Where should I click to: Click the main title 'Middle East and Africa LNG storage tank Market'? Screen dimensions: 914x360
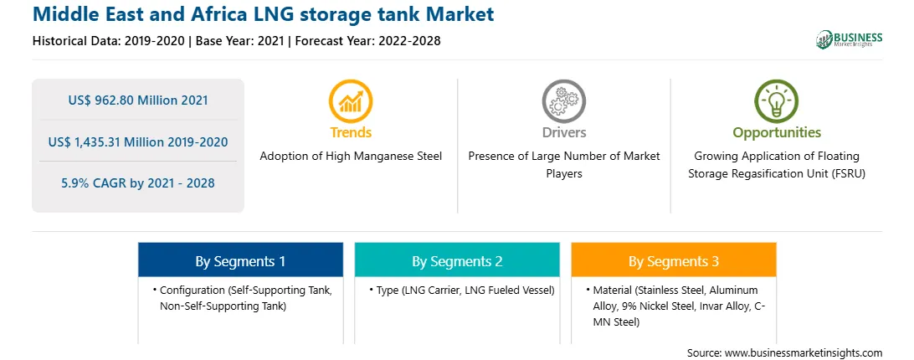[x=264, y=14]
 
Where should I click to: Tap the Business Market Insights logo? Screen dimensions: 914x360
[x=849, y=39]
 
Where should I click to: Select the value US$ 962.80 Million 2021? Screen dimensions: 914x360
[x=138, y=100]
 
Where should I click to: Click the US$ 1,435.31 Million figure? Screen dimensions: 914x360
[x=138, y=141]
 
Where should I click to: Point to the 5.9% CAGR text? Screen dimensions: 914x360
[x=138, y=183]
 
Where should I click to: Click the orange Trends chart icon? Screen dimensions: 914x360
[x=351, y=101]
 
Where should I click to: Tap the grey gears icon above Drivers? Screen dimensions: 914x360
[x=563, y=101]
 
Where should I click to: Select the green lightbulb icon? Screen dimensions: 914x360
[x=777, y=101]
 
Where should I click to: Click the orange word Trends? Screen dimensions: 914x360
[x=351, y=132]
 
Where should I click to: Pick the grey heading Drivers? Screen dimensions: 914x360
[x=564, y=132]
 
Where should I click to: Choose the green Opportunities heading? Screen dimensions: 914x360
[x=777, y=132]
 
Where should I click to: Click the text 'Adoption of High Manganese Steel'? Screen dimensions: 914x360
[x=351, y=156]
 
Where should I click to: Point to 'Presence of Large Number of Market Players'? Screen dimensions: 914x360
[x=564, y=165]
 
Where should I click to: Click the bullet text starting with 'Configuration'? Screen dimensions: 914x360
[x=243, y=297]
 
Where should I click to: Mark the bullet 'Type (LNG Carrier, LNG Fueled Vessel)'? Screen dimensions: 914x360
[x=462, y=290]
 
